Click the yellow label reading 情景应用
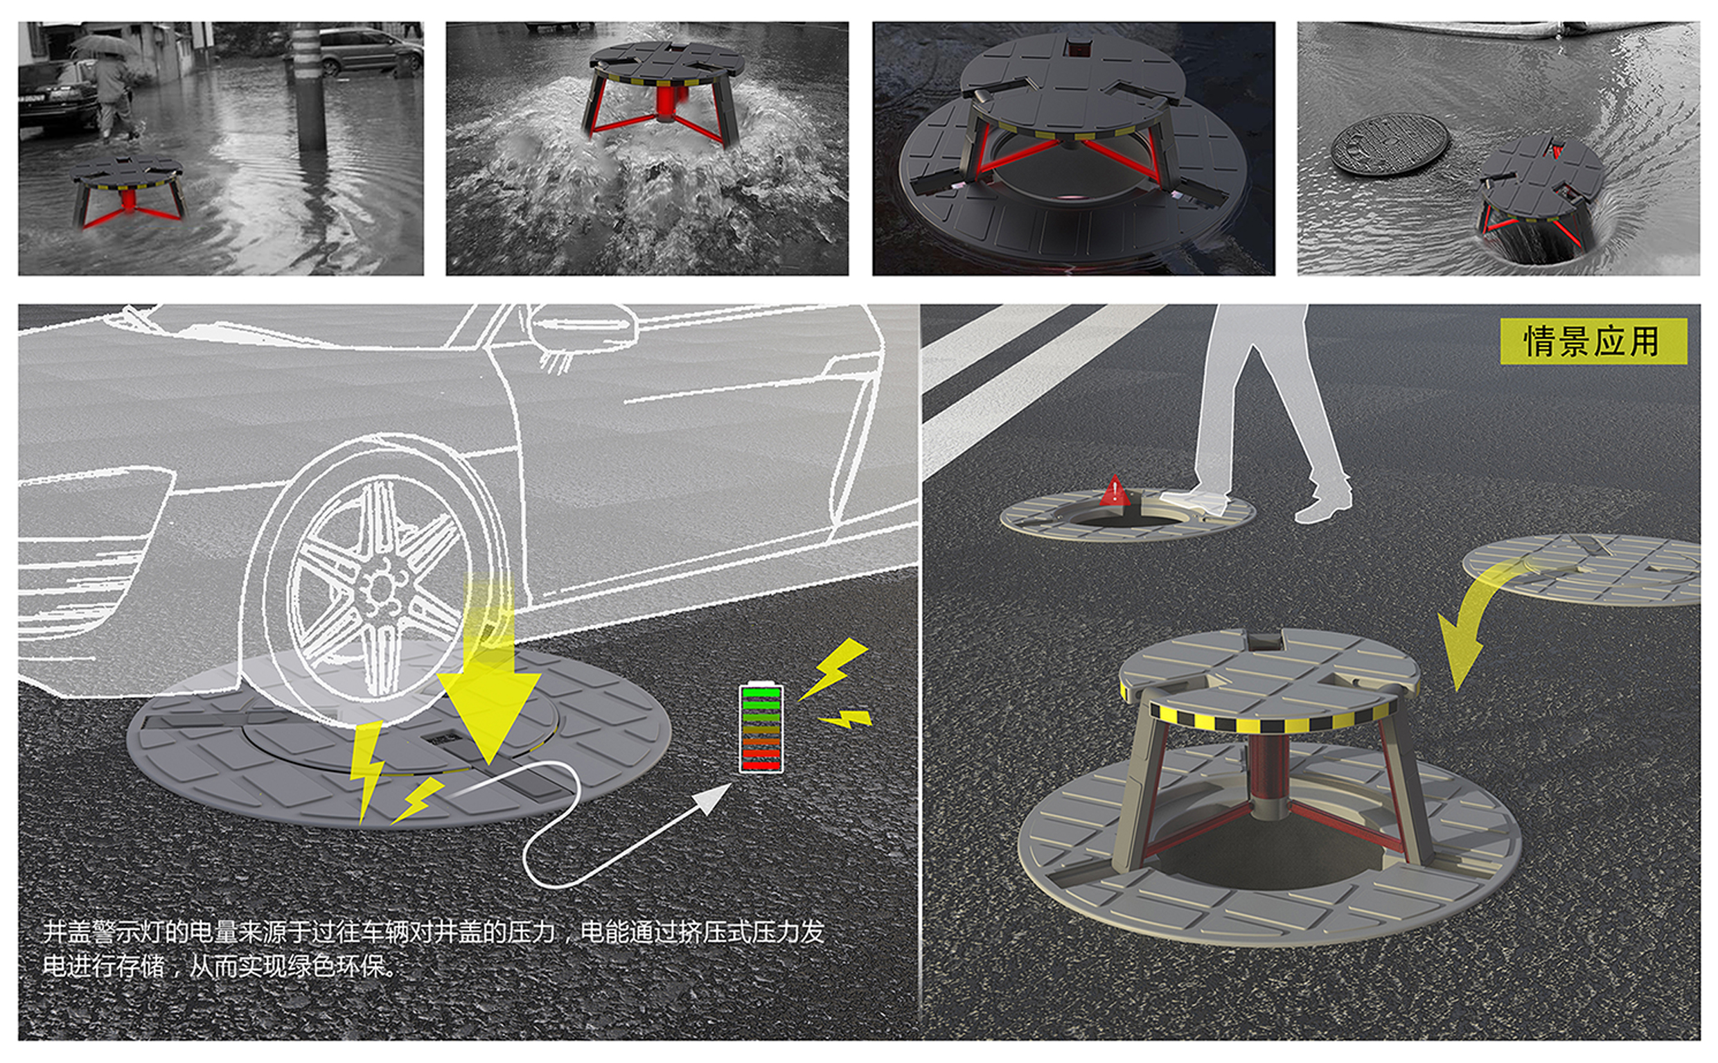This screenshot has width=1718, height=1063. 1592,341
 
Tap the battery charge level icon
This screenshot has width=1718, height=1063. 761,728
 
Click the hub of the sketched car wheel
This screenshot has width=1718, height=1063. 380,587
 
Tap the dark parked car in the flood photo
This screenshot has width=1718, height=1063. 56,98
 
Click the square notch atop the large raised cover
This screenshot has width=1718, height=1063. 1264,640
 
